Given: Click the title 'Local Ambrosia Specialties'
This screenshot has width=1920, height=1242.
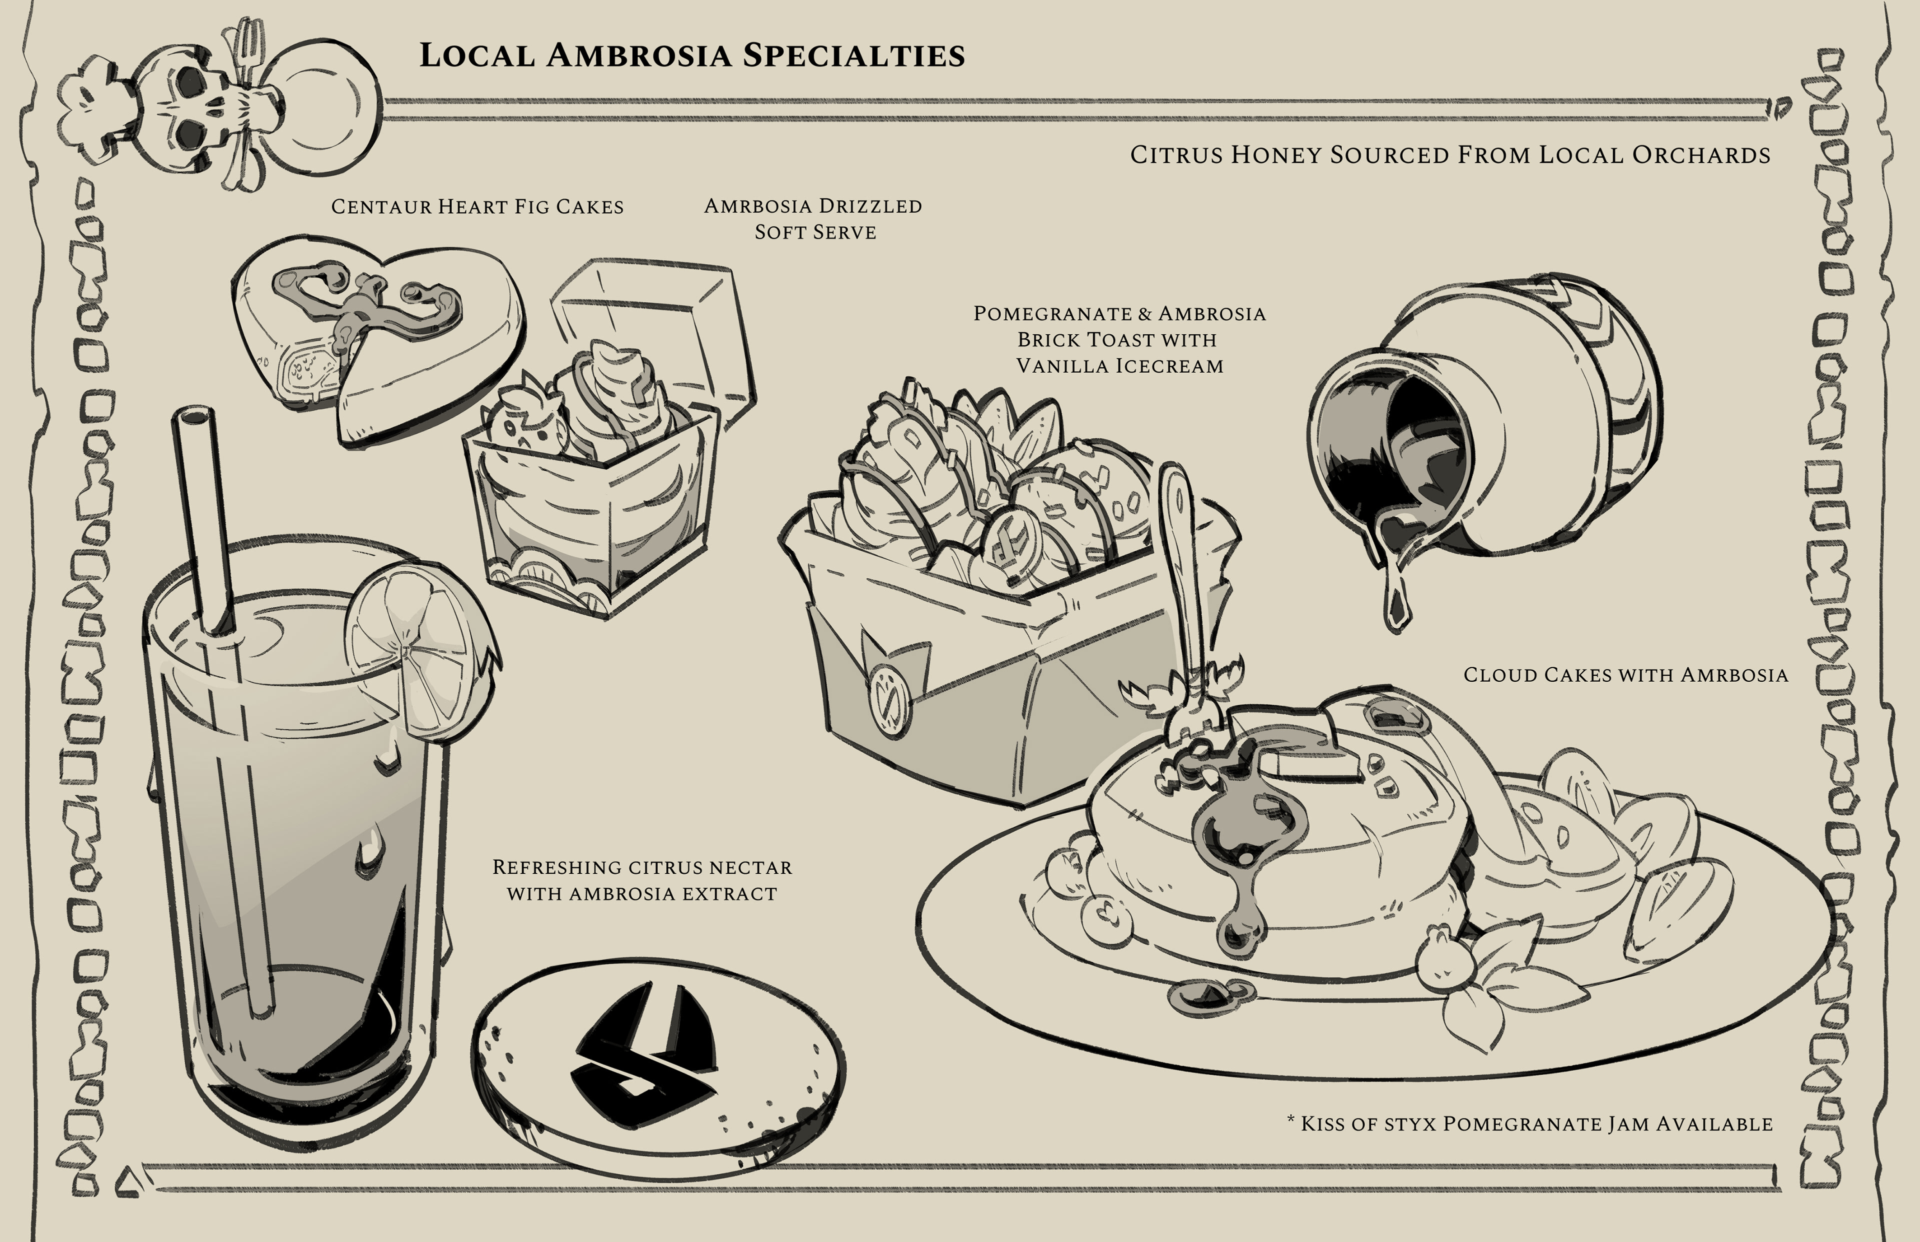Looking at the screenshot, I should point(692,55).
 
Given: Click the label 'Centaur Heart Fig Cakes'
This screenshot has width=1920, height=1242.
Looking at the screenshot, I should point(477,207).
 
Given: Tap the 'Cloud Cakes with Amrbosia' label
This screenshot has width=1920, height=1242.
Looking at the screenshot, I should point(1625,675).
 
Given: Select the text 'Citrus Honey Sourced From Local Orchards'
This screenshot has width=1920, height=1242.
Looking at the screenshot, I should point(1449,155).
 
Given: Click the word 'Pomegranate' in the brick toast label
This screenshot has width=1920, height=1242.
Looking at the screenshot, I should point(1047,314).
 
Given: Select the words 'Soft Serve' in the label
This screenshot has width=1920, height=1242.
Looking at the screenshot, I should point(815,232).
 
